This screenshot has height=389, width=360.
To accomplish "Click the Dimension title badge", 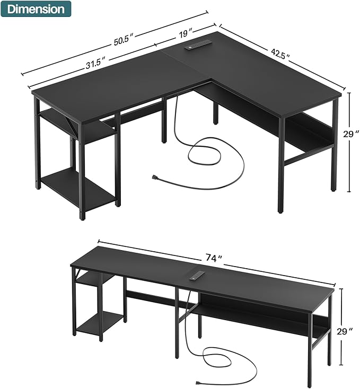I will coord(36,9).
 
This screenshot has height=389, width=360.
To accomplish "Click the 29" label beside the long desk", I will coord(344,331).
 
